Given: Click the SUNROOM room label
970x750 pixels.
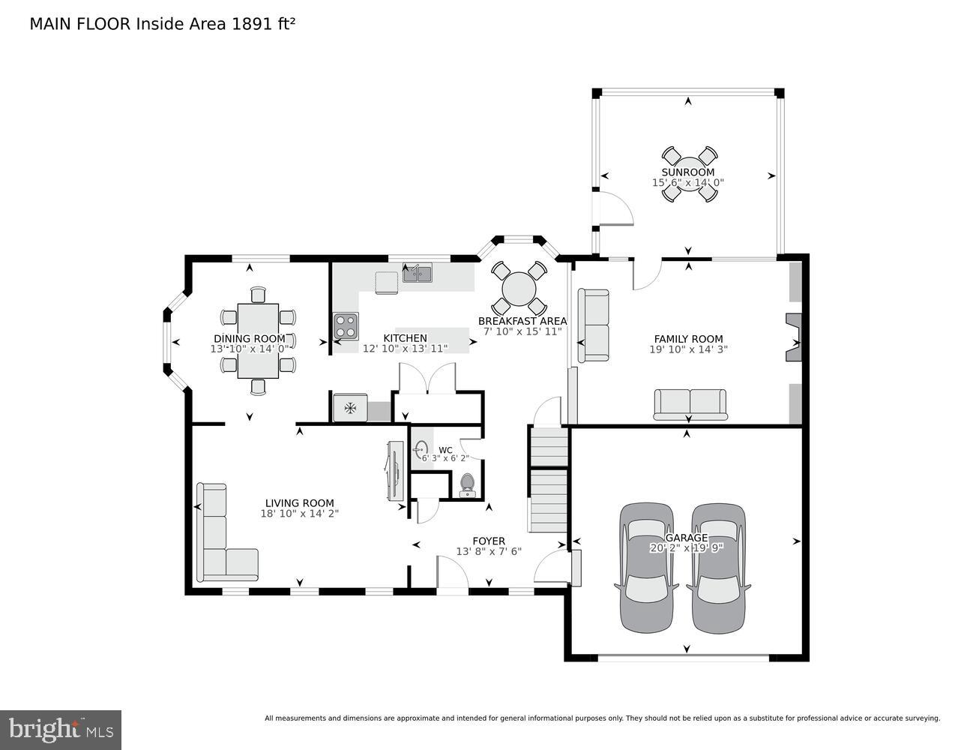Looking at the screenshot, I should (687, 172).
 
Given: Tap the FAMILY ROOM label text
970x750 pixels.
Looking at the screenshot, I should (687, 338).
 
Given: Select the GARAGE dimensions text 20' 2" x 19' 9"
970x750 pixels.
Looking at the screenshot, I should (687, 548).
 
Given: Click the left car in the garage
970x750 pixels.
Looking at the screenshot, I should (647, 568).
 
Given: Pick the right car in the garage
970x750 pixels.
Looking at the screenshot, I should (718, 568).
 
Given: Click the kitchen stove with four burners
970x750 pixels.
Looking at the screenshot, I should (346, 326).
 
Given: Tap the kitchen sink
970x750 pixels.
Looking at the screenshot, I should (417, 273).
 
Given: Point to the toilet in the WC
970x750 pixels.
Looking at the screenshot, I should (468, 485).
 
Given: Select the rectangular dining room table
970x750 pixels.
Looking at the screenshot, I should (258, 340).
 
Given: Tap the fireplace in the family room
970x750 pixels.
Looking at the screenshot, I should (793, 338).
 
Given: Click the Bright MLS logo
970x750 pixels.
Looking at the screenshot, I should (61, 729).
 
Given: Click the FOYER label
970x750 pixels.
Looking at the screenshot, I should (488, 541).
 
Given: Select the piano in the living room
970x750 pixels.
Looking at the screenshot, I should (394, 470).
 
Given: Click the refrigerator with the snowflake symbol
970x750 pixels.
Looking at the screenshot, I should (350, 408).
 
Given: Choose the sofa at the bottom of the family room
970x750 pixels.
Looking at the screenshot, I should (690, 404).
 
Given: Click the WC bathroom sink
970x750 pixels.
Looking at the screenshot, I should (420, 450).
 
